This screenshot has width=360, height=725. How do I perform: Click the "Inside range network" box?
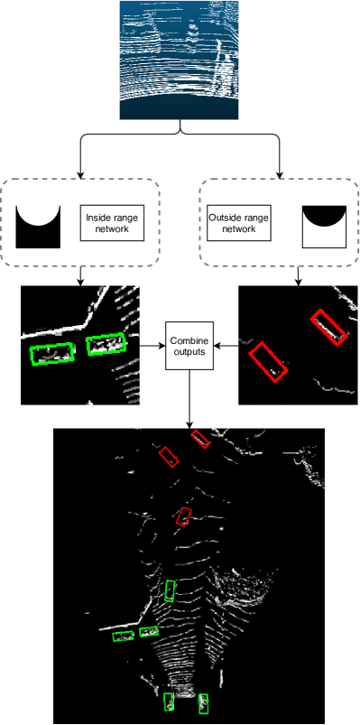(x=112, y=223)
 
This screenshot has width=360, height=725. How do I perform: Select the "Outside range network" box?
(x=239, y=223)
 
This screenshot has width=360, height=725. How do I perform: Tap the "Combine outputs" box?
(x=189, y=346)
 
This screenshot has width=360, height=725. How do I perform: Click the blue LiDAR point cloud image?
(x=180, y=60)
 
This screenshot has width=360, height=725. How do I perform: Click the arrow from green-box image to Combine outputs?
(x=152, y=346)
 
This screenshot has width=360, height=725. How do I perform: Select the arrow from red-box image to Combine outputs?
(x=226, y=346)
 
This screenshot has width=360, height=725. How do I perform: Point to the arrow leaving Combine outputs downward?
(x=189, y=398)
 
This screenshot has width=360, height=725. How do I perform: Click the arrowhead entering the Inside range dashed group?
(x=80, y=176)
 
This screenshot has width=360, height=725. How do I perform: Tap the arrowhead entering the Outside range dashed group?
(x=279, y=176)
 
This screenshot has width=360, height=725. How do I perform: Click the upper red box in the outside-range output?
(x=329, y=328)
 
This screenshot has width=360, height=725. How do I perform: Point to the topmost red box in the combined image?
(x=200, y=439)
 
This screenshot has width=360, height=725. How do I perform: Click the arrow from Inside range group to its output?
(x=80, y=276)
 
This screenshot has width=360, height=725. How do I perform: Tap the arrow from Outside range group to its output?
(x=298, y=276)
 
